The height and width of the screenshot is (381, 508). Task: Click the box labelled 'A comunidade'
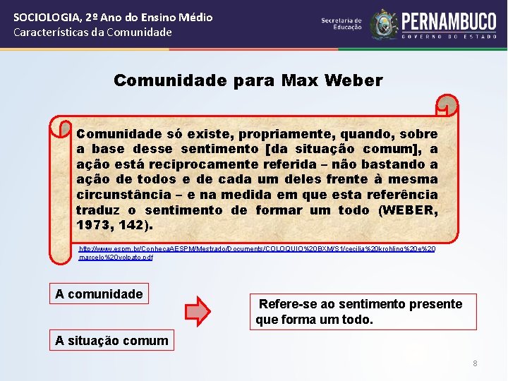[99, 294]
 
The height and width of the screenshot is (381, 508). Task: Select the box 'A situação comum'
[112, 341]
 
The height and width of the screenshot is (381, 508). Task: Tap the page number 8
[475, 363]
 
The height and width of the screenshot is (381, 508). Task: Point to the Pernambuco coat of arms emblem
[384, 25]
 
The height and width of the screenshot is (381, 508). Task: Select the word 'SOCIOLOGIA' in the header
[42, 17]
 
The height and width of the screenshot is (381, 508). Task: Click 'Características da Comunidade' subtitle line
[92, 32]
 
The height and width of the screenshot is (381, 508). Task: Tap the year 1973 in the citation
[94, 225]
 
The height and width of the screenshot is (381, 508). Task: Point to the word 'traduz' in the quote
[97, 210]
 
